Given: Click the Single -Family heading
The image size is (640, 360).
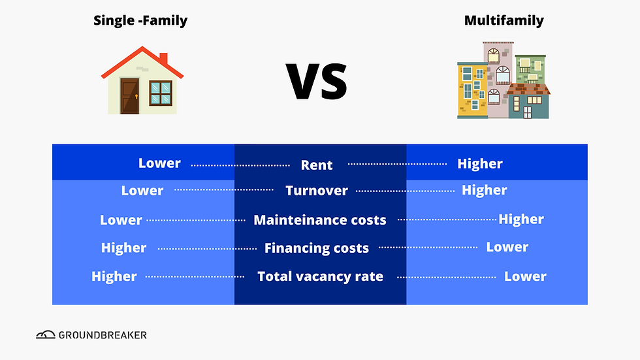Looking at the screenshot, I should (140, 20).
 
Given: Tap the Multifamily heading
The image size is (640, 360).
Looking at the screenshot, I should (504, 20).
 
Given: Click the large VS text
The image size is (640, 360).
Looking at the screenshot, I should (317, 81).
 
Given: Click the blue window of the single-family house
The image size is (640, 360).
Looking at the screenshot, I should (160, 93).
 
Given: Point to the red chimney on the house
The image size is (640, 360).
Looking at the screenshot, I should (163, 59).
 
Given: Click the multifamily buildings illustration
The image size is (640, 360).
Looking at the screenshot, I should (503, 80).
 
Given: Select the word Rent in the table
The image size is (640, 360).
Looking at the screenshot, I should (317, 165).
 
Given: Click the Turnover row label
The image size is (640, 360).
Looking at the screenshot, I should (317, 191).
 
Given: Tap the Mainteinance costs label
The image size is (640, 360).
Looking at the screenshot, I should (320, 220).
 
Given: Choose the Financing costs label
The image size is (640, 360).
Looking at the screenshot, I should (317, 248).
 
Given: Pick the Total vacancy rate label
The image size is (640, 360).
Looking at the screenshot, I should (320, 276).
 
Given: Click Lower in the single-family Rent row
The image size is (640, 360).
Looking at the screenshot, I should (159, 163).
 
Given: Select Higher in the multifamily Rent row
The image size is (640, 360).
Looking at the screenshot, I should (480, 164).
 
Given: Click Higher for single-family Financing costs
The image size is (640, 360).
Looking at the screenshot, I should (124, 248).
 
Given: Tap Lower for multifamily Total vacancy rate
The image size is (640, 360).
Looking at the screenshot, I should (525, 276).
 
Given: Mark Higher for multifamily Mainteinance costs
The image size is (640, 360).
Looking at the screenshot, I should (521, 220).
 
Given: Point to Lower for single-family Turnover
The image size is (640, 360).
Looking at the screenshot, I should (142, 191).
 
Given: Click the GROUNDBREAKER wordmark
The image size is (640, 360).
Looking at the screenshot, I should (103, 335).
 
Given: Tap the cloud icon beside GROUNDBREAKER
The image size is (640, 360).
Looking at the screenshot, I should (46, 335).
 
